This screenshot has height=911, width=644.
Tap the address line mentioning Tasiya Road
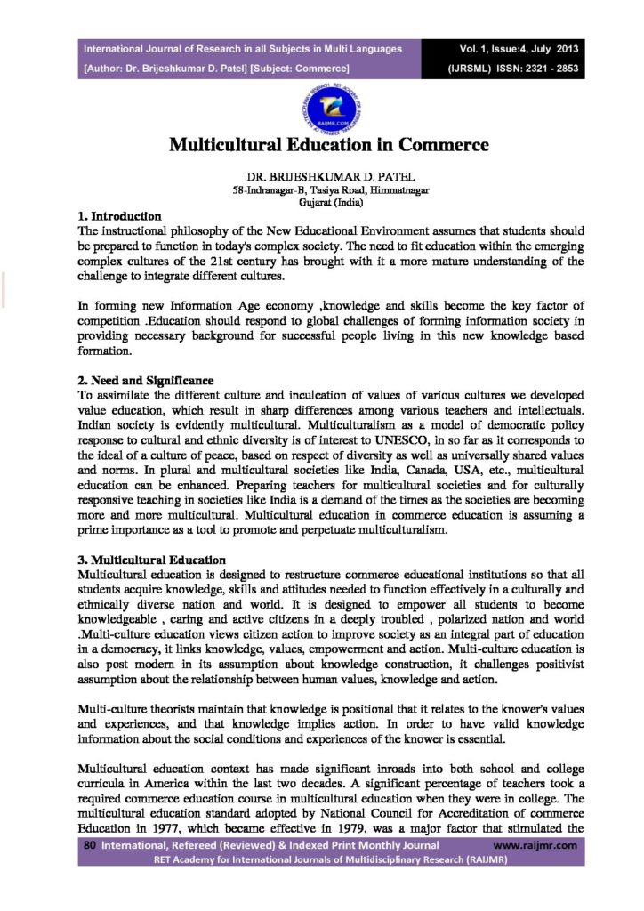[x=321, y=190]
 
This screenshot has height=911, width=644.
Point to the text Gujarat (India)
[x=321, y=202]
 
